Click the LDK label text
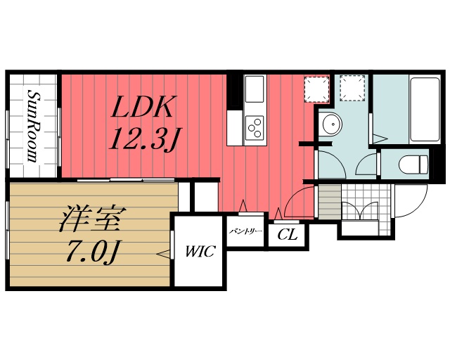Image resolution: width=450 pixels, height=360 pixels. click(143, 108)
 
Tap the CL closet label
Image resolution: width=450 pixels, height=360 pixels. click(287, 235)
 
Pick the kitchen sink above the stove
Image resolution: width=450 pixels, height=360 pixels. click(254, 89)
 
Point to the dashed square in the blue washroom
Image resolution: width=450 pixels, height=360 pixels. click(352, 87)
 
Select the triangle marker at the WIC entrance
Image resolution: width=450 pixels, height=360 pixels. click(164, 252)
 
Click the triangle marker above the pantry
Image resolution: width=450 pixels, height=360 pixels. click(244, 205)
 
